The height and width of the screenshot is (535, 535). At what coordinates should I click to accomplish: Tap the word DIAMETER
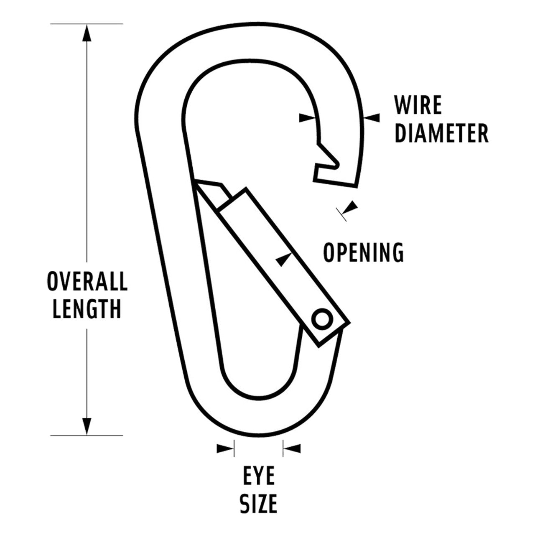(441, 133)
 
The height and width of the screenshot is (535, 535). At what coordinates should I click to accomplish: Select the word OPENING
(364, 252)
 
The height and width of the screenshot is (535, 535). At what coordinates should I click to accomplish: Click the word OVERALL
(87, 281)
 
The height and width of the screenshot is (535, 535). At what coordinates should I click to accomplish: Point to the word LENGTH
(87, 309)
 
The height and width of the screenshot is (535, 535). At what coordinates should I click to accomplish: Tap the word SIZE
(259, 504)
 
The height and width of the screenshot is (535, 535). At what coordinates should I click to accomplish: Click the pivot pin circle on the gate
(322, 319)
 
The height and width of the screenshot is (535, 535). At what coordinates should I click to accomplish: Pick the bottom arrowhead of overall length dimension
(87, 425)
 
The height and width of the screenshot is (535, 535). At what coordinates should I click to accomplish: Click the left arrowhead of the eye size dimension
(224, 449)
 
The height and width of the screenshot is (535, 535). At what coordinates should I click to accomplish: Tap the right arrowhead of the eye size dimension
(293, 449)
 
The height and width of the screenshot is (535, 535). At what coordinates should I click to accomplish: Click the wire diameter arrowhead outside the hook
(372, 118)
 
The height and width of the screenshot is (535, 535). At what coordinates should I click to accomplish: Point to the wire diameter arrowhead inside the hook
(308, 118)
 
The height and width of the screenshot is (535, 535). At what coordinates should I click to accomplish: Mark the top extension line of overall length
(87, 24)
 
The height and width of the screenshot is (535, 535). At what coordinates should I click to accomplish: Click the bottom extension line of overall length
(87, 435)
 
